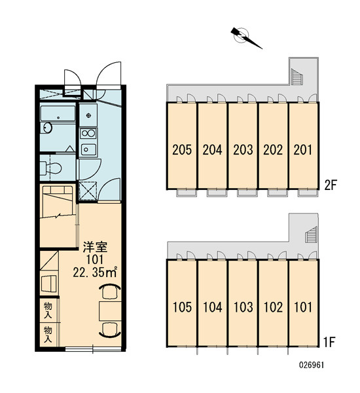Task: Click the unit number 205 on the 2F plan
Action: coord(182,149)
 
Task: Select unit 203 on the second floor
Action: coord(243,149)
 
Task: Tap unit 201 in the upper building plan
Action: coord(303,149)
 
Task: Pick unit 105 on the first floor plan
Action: coord(182,307)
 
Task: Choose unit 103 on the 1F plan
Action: coord(243,307)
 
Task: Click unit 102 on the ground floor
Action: coord(273,307)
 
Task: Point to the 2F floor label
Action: coord(330,185)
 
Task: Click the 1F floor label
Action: coord(330,343)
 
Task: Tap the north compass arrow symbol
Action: coord(245,37)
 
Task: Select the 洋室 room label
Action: coord(95,248)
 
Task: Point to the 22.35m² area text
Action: coord(95,272)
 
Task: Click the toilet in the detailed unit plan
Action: coord(51,168)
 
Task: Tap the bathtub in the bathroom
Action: coord(58,113)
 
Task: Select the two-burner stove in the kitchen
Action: coord(88,134)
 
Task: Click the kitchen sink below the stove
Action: coord(88,149)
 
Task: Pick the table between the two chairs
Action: coord(110,311)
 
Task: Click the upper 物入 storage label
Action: coord(48,310)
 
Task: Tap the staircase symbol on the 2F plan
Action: coord(298,77)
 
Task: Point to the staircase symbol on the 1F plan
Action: coord(312,234)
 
